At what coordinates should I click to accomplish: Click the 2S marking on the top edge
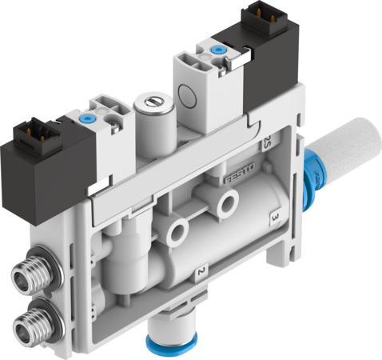pos(266,144)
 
